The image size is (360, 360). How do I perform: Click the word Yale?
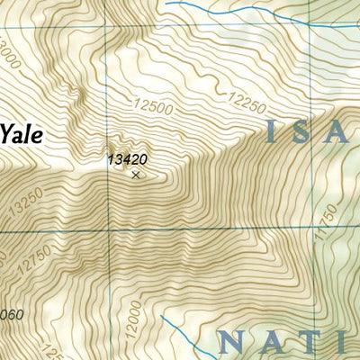click(21, 134)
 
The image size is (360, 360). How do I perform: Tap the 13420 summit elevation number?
click(126, 160)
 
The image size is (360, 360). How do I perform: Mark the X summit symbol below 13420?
click(136, 175)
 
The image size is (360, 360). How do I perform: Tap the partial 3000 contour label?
click(9, 49)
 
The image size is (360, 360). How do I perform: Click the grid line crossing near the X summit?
click(107, 231)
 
